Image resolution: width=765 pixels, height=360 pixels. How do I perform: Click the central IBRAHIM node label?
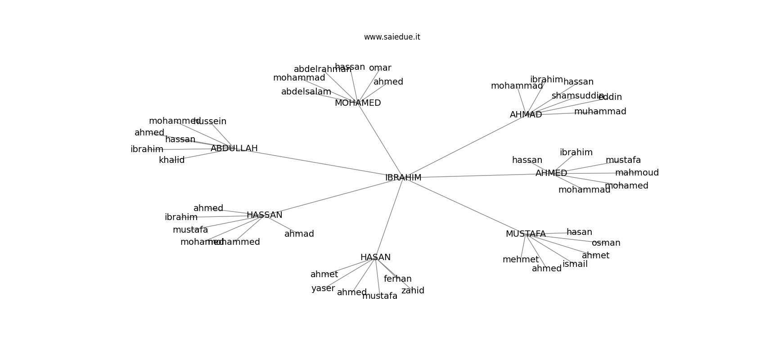(403, 178)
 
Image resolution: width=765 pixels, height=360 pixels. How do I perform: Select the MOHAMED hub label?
(358, 103)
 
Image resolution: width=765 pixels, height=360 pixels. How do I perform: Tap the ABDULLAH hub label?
(234, 148)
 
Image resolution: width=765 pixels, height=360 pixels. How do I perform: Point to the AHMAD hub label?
(526, 115)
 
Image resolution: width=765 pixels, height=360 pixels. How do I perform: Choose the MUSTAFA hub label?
(526, 234)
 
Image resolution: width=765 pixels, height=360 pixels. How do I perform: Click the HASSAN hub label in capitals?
(265, 215)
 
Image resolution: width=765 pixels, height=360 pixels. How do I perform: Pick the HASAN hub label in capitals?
(375, 257)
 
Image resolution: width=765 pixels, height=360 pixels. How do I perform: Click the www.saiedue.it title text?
(392, 37)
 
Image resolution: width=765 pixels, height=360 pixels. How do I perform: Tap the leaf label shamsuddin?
(577, 96)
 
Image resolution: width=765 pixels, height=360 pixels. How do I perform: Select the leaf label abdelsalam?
(306, 92)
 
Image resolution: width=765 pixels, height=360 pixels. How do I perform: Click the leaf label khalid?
(172, 160)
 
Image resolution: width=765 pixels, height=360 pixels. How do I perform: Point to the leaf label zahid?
(413, 291)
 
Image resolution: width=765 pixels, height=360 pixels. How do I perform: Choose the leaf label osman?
(606, 243)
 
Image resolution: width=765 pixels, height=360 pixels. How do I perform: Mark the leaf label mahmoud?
(637, 173)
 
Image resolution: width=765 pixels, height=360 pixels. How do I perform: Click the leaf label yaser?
(323, 288)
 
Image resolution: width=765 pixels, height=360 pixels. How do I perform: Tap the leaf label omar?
(380, 68)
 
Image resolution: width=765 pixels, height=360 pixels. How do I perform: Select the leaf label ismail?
(575, 264)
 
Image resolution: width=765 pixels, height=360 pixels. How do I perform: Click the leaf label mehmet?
(521, 260)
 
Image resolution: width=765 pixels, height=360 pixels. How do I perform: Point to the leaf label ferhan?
(398, 279)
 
